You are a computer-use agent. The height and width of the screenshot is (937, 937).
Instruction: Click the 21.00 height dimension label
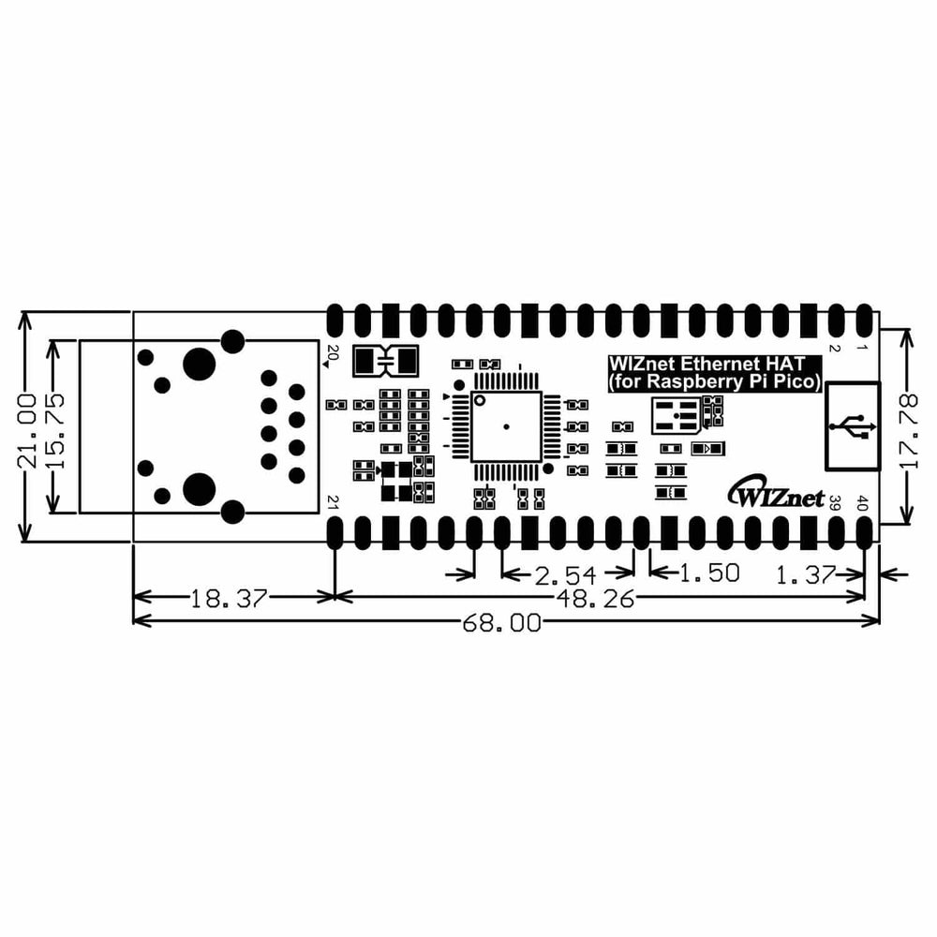pos(28,428)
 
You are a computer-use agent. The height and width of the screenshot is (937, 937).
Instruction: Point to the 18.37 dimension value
pos(230,597)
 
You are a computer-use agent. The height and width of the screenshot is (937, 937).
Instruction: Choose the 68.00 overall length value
pos(501,623)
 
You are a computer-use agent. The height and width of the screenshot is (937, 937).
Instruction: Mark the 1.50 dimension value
pos(708,573)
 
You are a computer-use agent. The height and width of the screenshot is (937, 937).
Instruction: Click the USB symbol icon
pos(852,425)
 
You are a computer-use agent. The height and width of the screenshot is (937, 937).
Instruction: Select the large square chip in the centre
pos(506,427)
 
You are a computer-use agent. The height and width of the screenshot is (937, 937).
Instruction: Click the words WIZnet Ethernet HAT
pos(701,364)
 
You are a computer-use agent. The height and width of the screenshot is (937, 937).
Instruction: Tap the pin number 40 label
pos(862,504)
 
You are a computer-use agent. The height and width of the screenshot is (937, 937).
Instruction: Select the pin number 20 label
pos(331,354)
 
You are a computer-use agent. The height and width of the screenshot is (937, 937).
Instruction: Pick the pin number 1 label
pos(862,349)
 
